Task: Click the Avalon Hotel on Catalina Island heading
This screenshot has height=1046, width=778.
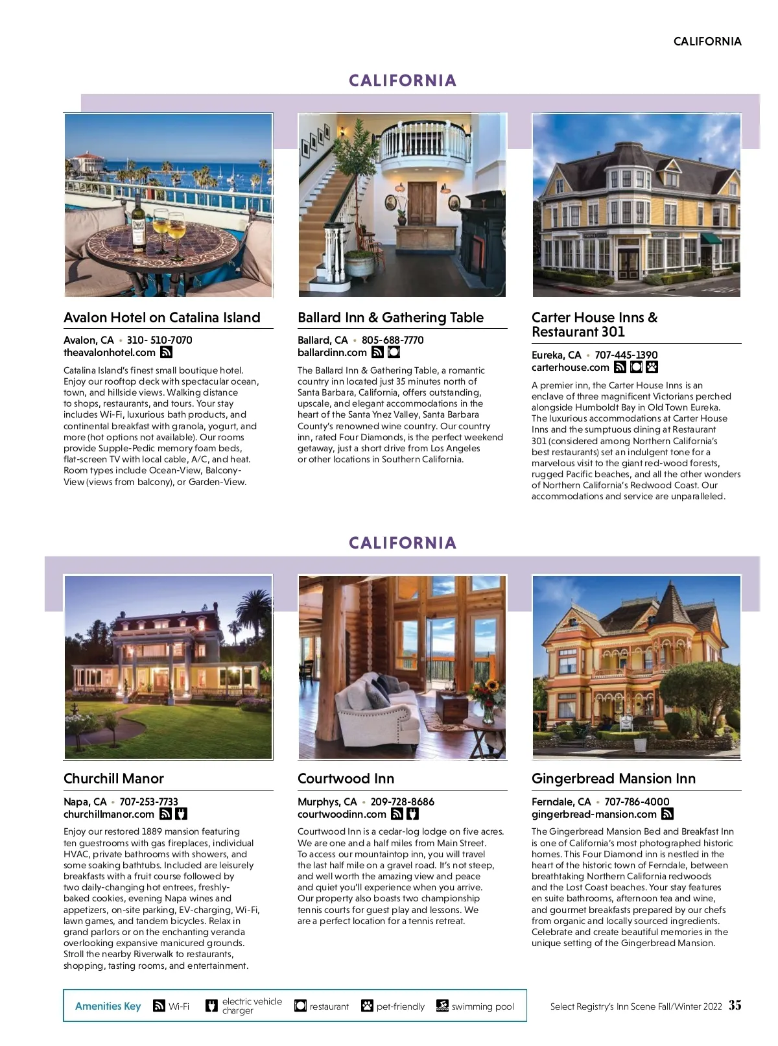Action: (161, 318)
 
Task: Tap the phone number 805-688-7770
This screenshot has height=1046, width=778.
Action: (392, 340)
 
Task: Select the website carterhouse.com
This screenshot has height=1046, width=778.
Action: (570, 368)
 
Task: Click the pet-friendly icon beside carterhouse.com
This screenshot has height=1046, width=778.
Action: (652, 368)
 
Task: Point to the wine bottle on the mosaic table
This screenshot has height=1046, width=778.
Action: (137, 224)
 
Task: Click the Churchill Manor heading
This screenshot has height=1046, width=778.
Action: (113, 779)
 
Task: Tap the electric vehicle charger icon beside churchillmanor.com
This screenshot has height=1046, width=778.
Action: (182, 814)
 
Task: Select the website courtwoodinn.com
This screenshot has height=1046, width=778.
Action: (342, 814)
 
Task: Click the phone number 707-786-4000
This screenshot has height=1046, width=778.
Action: (637, 802)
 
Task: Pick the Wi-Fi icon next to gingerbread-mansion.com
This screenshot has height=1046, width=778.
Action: (667, 814)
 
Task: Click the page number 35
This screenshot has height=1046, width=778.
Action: (735, 1006)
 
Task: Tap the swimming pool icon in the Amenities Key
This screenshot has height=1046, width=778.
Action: (442, 1006)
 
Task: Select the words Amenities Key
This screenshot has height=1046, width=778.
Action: (108, 1006)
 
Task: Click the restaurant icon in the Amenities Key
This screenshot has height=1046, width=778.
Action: (300, 1006)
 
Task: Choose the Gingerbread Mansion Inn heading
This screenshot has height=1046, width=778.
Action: (613, 779)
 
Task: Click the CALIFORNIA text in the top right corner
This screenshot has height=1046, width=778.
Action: (707, 42)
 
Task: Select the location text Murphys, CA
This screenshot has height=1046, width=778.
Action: (327, 802)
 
